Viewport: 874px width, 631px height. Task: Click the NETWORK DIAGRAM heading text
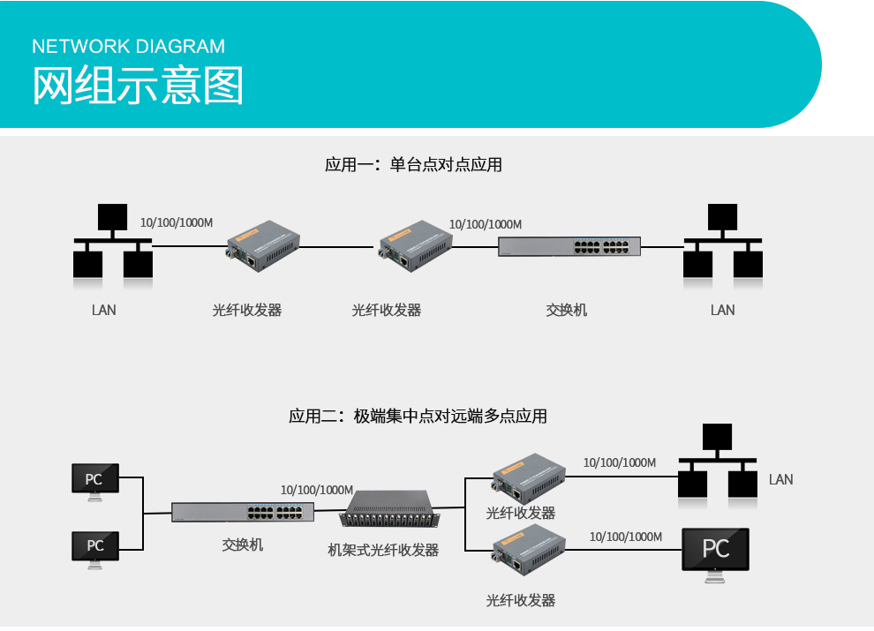point(128,47)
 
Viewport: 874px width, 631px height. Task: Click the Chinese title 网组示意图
point(138,86)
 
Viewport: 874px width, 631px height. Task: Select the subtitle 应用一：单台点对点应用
point(413,164)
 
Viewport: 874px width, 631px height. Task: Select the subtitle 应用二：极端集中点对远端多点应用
point(418,416)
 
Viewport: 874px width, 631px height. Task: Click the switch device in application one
point(569,246)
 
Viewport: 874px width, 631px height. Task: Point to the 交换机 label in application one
point(566,310)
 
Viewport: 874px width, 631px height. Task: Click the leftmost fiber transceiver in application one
point(264,241)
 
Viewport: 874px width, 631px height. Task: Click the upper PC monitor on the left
point(94,480)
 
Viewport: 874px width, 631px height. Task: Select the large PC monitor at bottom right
point(716,552)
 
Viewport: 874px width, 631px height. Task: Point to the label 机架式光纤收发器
point(383,550)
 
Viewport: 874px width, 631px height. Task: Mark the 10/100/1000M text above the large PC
point(625,537)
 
